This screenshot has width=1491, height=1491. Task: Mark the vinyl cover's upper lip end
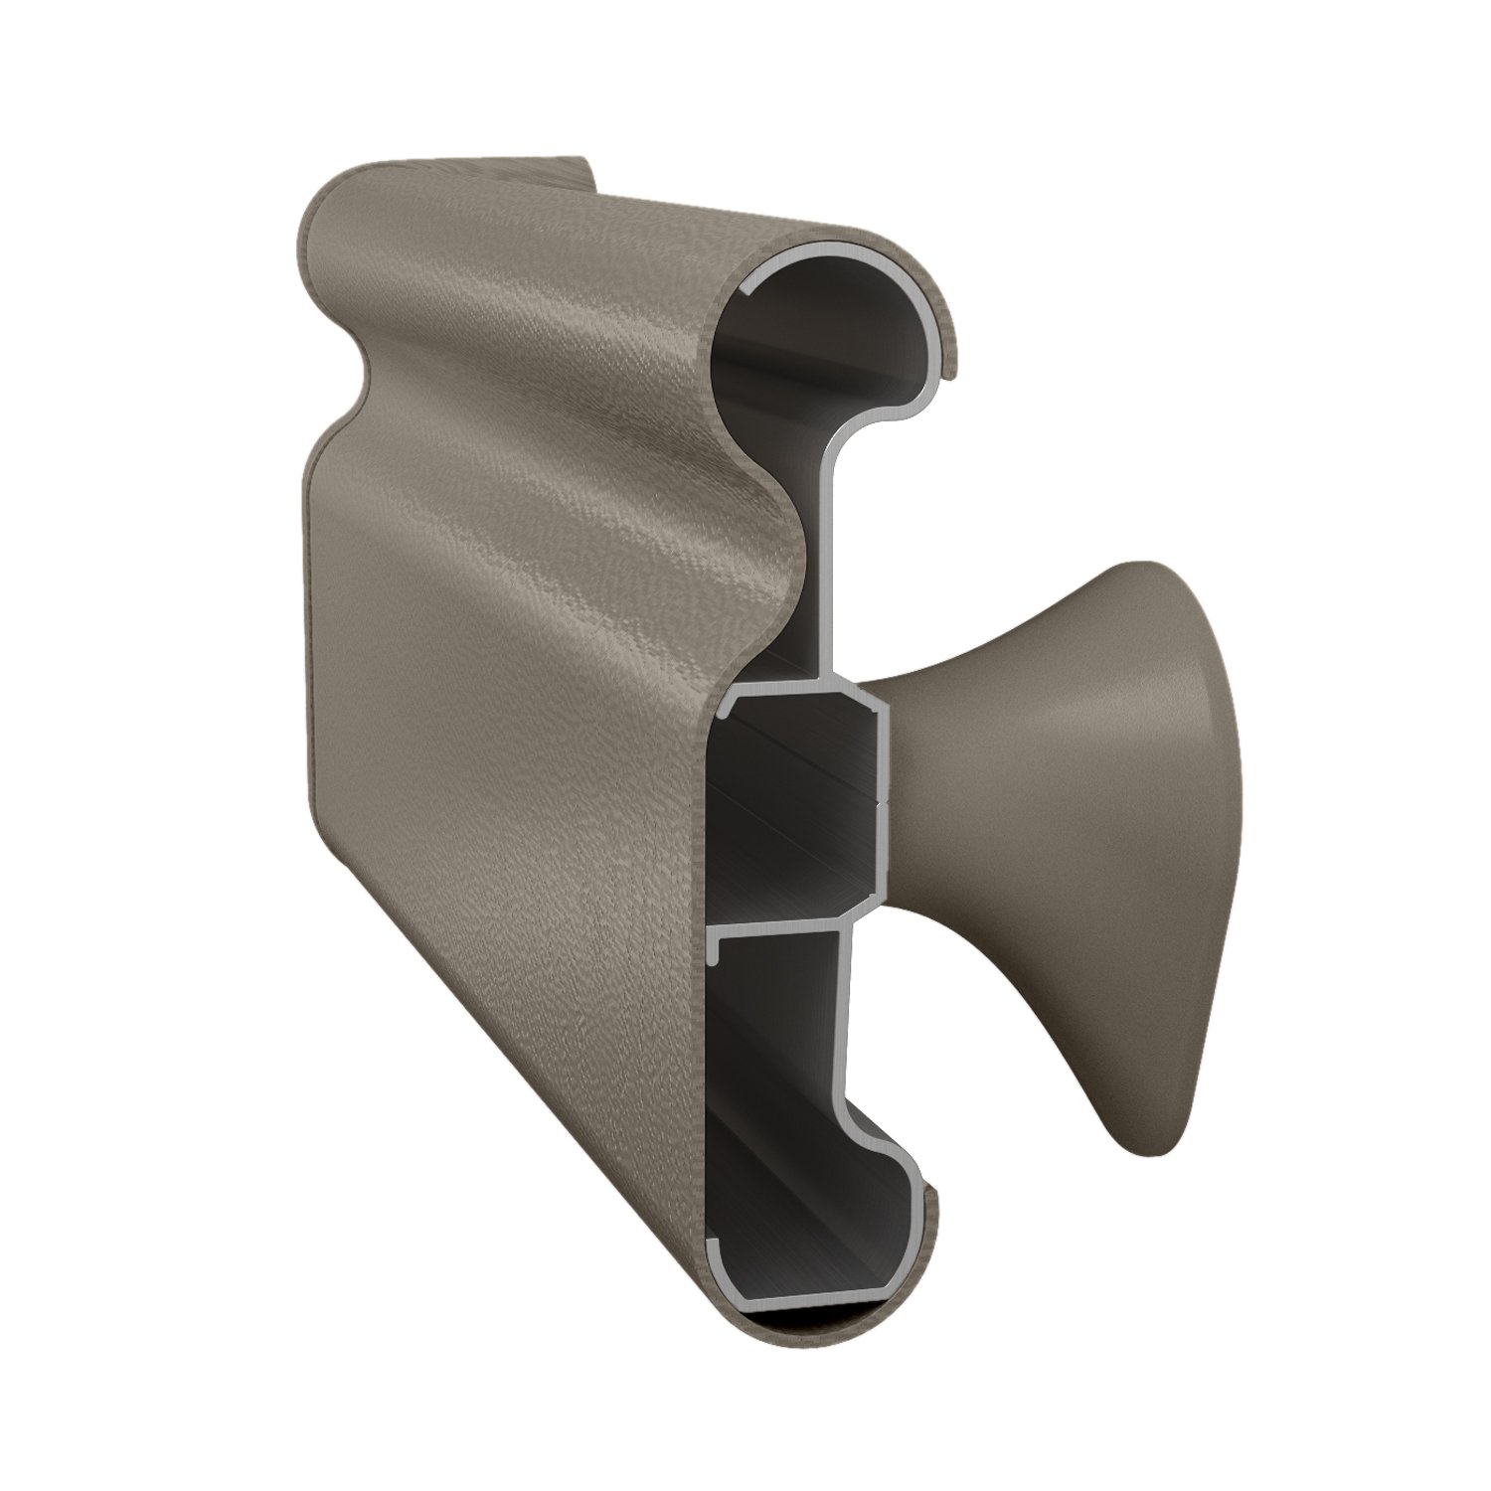point(953,373)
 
